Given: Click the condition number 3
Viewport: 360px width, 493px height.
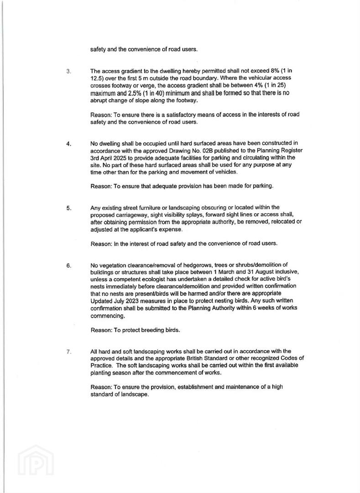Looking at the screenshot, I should (x=68, y=71).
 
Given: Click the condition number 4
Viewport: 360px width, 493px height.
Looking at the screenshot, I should (x=68, y=144).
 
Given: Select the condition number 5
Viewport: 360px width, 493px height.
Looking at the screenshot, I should (x=68, y=208).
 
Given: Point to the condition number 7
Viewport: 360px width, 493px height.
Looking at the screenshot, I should (x=68, y=351).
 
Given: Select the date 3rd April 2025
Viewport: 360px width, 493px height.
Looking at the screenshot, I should (x=110, y=157).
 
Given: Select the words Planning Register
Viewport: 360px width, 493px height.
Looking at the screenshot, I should (x=278, y=150).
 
